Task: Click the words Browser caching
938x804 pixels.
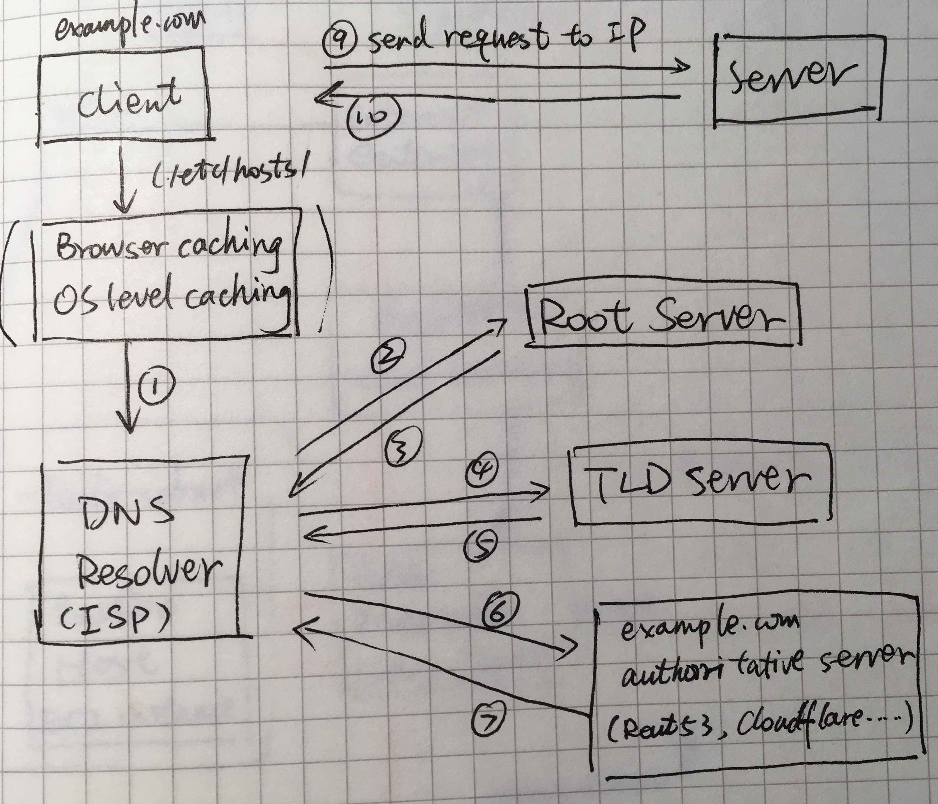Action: [x=167, y=249]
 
